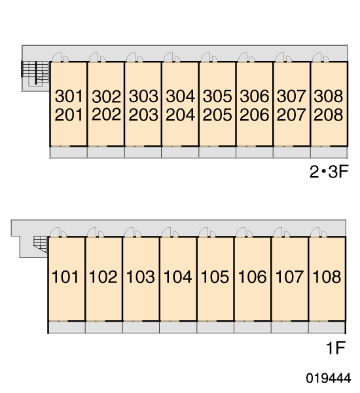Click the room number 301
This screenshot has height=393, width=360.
click(x=69, y=96)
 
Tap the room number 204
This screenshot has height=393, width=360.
click(x=180, y=115)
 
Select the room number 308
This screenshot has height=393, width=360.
click(x=328, y=96)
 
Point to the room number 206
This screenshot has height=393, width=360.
click(x=254, y=115)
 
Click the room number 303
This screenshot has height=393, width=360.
click(x=143, y=96)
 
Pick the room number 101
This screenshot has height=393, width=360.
click(x=65, y=276)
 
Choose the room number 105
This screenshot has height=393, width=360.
click(x=215, y=276)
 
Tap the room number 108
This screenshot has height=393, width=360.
click(x=327, y=276)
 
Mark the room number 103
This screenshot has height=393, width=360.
click(x=140, y=276)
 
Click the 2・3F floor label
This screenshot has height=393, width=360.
click(x=329, y=172)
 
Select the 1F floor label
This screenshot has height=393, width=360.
click(x=335, y=348)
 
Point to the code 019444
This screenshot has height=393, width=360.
click(x=328, y=378)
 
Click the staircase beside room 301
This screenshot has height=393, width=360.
click(x=35, y=73)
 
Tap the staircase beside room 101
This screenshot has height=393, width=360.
click(x=40, y=244)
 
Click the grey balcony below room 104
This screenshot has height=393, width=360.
click(x=178, y=327)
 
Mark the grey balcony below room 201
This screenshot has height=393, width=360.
click(x=68, y=153)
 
